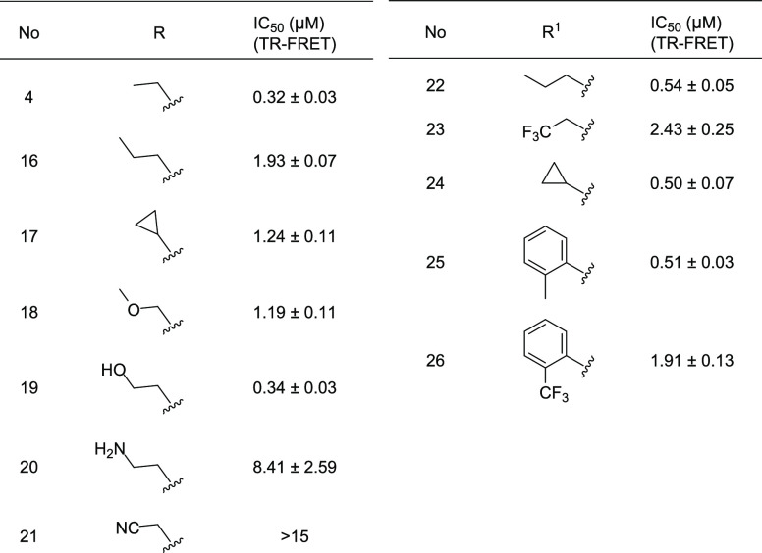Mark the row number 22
[x=436, y=86]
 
